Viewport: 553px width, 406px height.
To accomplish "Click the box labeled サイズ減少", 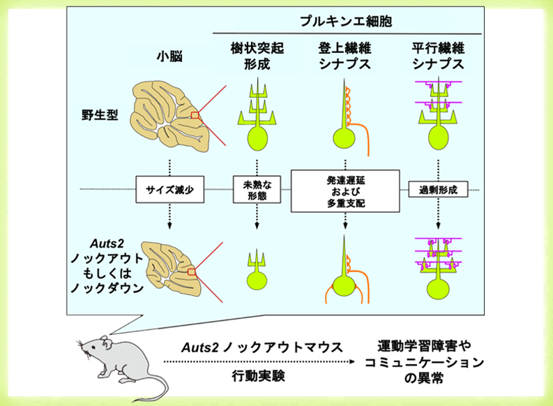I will coord(168,188).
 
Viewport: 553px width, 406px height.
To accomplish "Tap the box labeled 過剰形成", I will coord(437,188).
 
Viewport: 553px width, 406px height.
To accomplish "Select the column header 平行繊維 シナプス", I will coord(437,57).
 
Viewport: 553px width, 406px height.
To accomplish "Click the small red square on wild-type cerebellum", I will coord(196,116).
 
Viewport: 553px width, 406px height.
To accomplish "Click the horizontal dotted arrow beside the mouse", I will coord(258,361).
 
